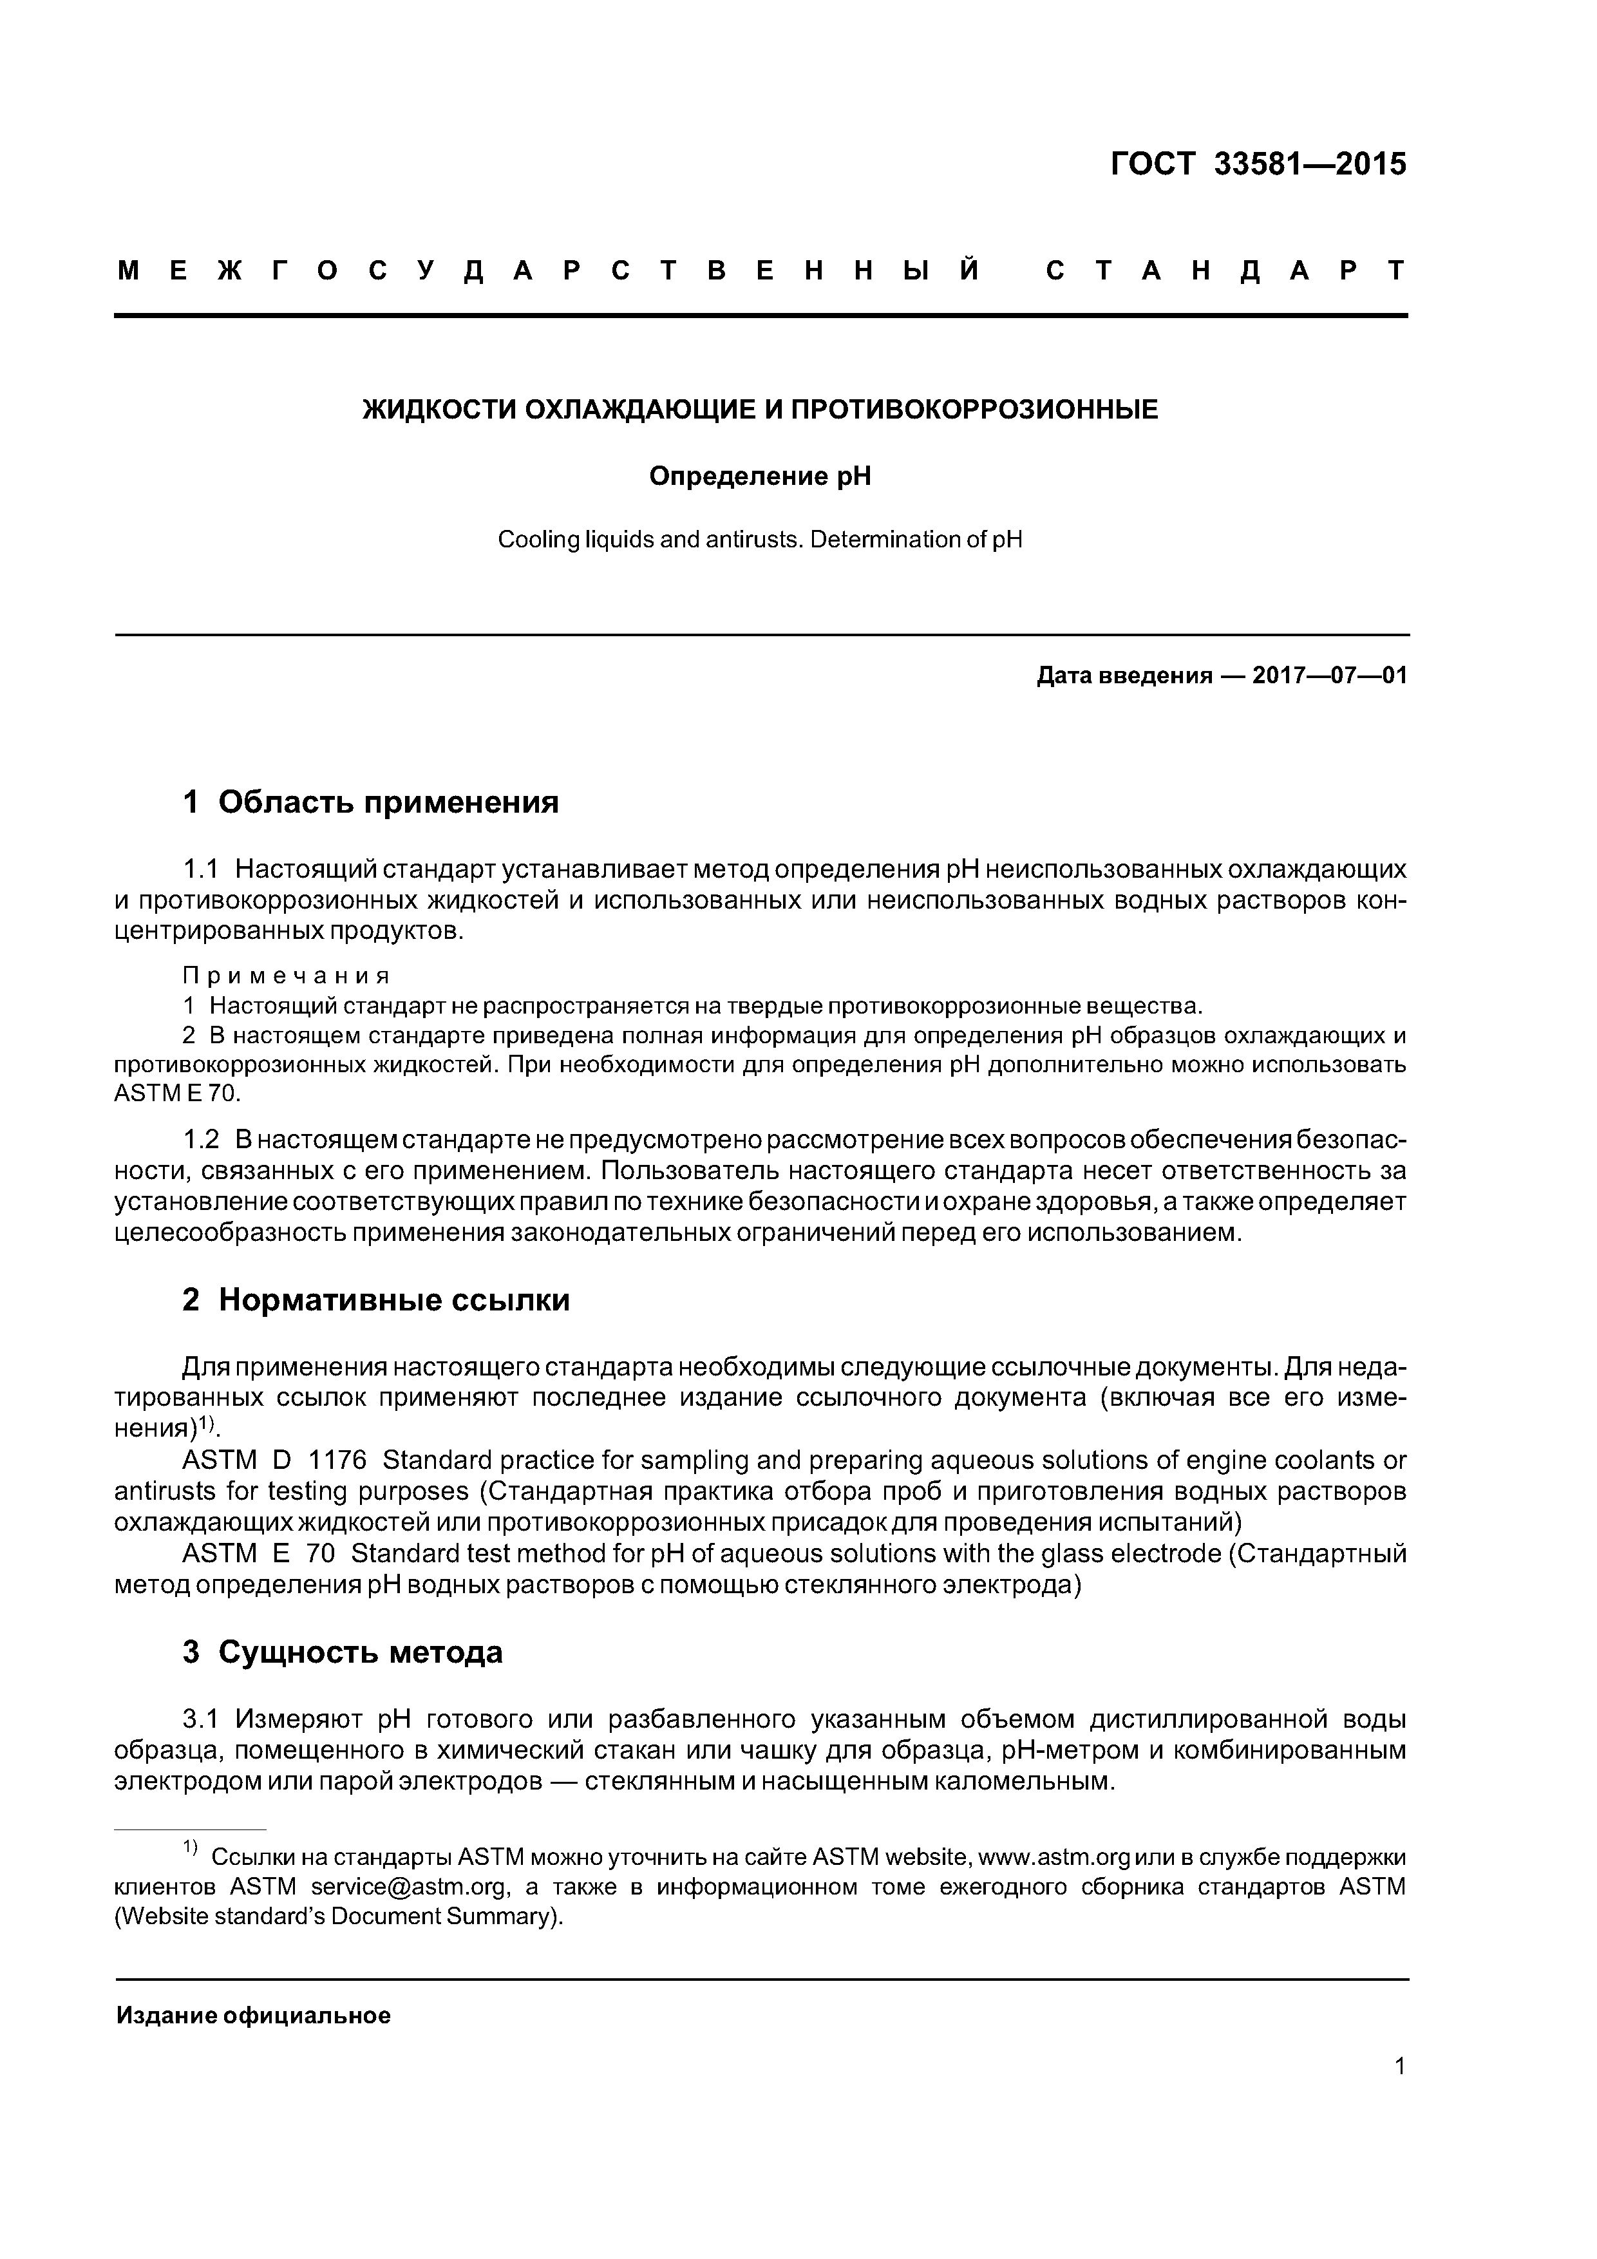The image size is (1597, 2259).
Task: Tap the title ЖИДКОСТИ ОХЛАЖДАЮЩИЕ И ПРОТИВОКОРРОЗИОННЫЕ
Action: tap(761, 410)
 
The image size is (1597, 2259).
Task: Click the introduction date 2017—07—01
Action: tap(1329, 676)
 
